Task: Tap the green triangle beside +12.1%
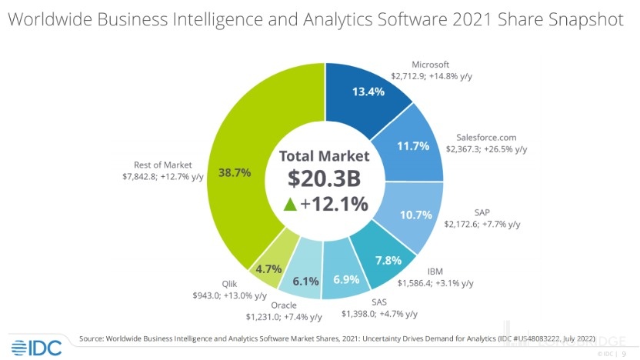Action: coord(290,204)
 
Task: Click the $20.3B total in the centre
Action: coord(324,178)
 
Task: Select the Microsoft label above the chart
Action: coord(430,65)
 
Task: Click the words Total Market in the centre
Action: coord(324,155)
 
